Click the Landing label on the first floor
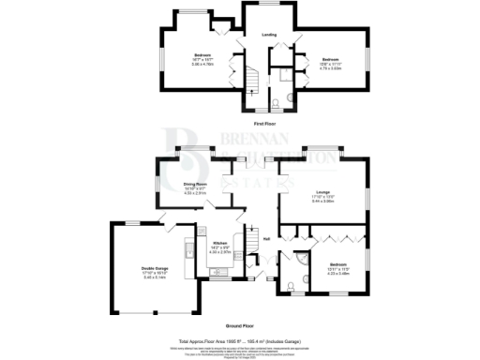(269, 36)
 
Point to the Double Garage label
(154, 268)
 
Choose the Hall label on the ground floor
(267, 238)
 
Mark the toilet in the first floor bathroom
(280, 103)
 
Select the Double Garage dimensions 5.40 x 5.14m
(154, 277)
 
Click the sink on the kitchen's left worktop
(190, 250)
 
